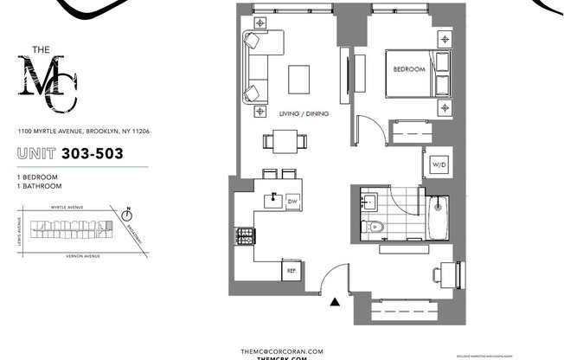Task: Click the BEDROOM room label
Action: point(409,69)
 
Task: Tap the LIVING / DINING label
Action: point(304,113)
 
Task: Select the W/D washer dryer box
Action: point(437,164)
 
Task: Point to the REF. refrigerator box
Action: point(291,270)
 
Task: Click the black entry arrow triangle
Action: point(334,301)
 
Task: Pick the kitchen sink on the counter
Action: point(273,198)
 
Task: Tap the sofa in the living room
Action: point(256,67)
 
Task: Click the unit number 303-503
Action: point(91,154)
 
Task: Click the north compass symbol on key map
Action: point(127,210)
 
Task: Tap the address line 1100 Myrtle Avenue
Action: point(84,132)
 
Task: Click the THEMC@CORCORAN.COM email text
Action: point(282,350)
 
